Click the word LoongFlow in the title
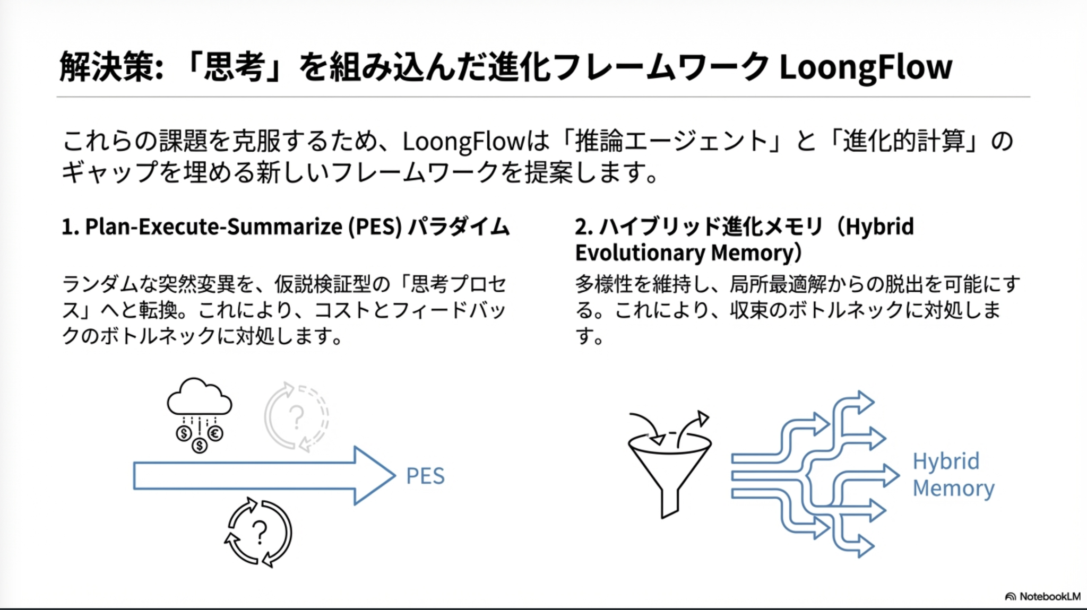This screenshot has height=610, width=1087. [x=866, y=67]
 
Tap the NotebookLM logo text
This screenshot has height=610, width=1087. [x=1049, y=596]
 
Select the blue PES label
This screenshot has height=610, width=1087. [x=425, y=476]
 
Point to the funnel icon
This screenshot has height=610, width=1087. [x=670, y=475]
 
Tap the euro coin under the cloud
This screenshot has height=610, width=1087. [x=215, y=434]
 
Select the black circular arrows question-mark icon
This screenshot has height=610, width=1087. [x=258, y=532]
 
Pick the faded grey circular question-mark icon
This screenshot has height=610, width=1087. [x=297, y=417]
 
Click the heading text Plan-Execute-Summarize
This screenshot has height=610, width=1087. [x=214, y=227]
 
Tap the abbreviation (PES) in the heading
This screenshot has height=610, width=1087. [x=375, y=227]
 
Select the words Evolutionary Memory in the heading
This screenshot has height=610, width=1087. [x=688, y=253]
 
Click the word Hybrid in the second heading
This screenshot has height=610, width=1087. [x=879, y=227]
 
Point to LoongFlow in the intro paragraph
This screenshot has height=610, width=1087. [x=464, y=142]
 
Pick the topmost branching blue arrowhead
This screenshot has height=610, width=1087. [x=866, y=403]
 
